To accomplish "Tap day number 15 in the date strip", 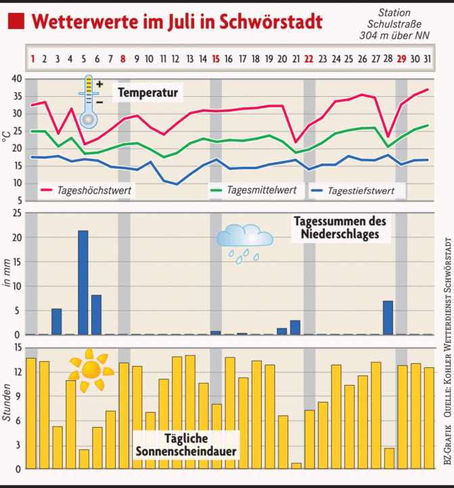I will (216, 59).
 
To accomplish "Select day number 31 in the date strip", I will (428, 59).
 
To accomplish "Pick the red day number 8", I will (123, 59).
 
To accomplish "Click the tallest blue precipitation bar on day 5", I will (83, 283).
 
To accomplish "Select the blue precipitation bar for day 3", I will (57, 321).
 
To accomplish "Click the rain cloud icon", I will (244, 241).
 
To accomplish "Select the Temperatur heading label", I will (147, 92).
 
